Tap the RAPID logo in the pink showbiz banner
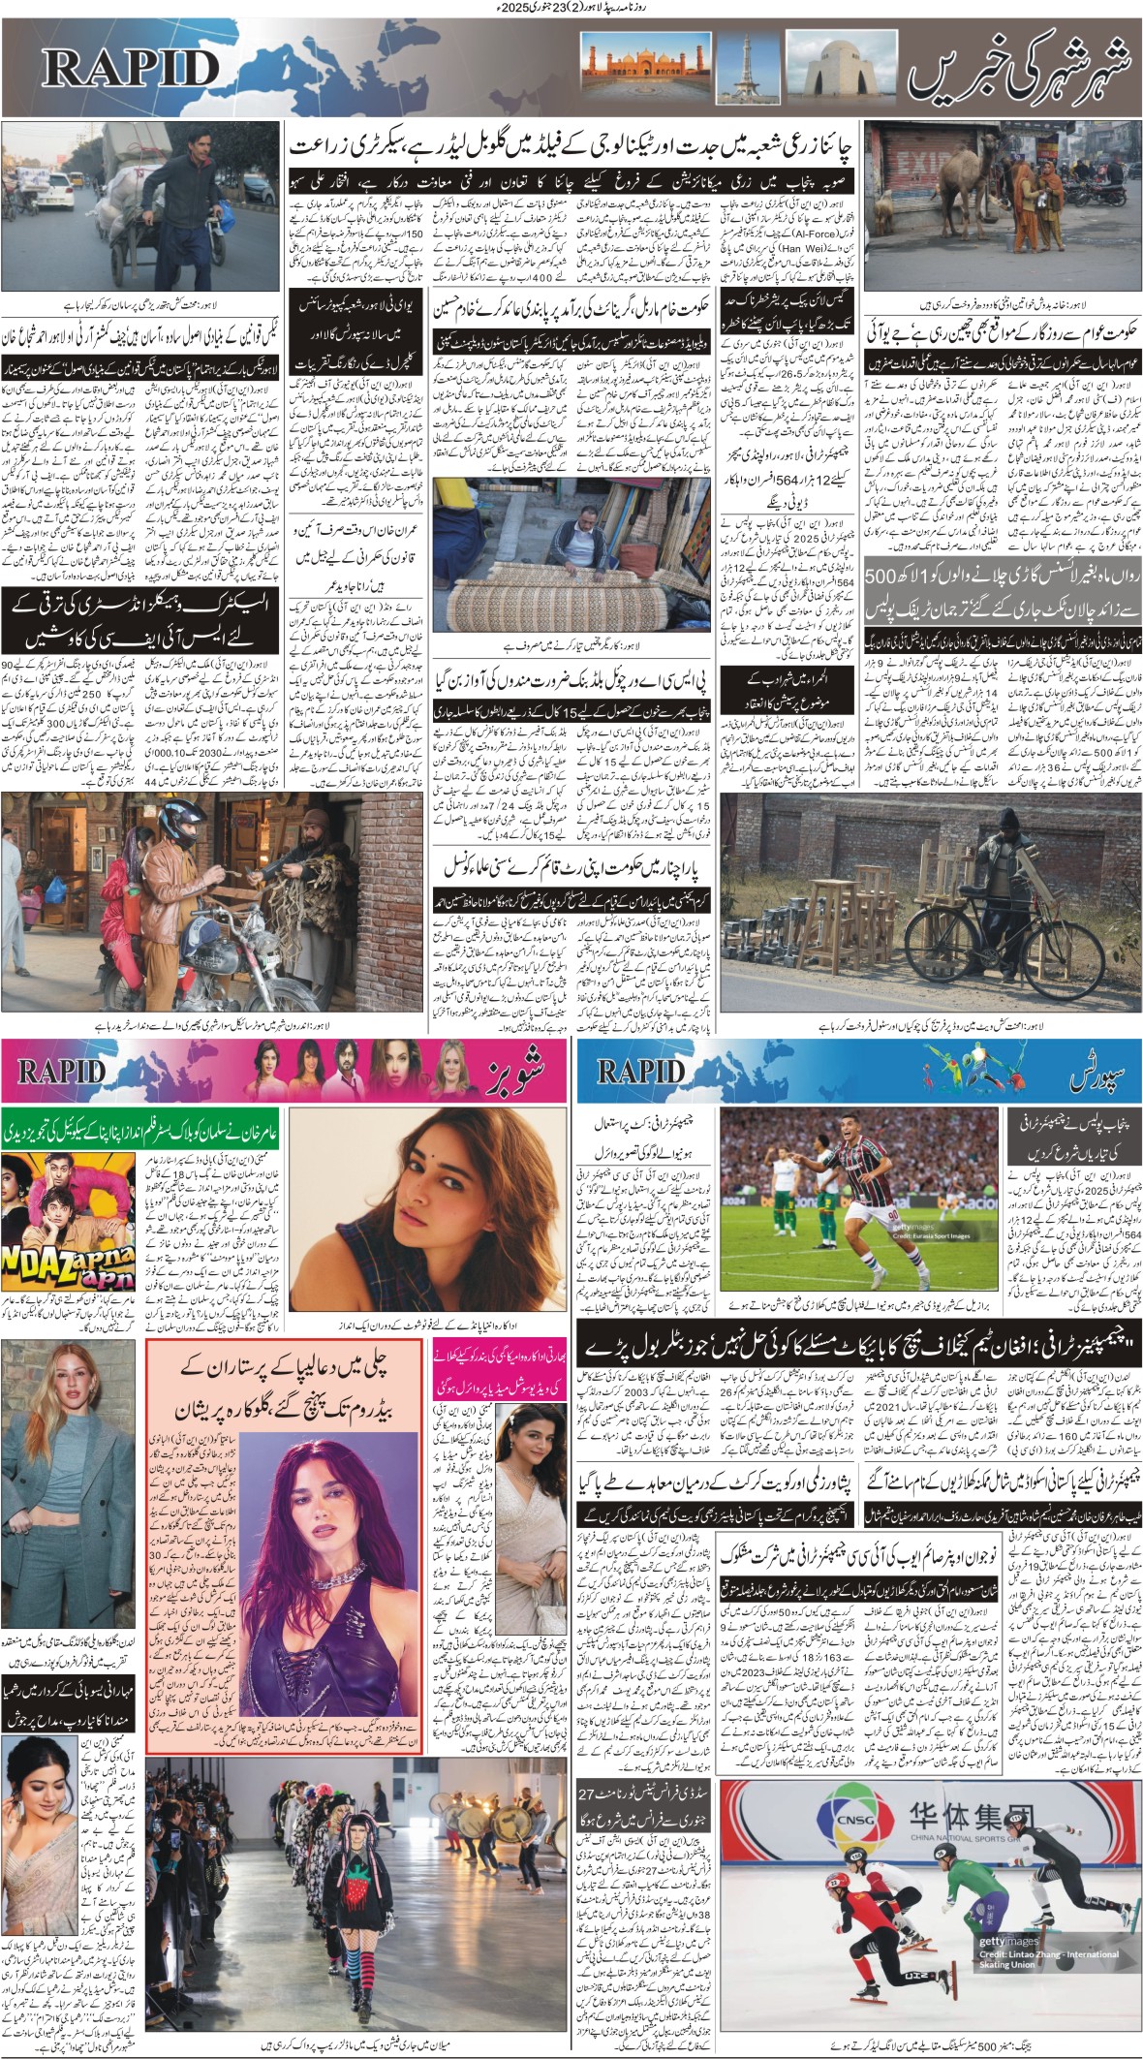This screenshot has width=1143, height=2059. (x=61, y=1071)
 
